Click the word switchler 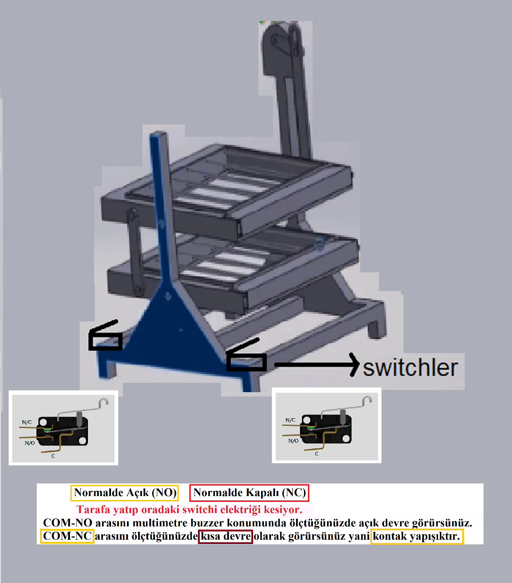[x=410, y=368]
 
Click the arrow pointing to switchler [x=317, y=365]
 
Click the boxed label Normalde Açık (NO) [x=125, y=493]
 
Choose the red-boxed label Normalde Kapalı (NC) [x=250, y=493]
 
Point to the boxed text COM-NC [x=67, y=536]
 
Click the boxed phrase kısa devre [x=225, y=536]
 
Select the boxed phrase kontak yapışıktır [x=417, y=536]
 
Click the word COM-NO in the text [x=68, y=523]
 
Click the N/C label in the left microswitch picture [x=27, y=422]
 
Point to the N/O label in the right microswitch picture [x=293, y=441]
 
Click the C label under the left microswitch [x=53, y=456]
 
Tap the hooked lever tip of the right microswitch [x=368, y=399]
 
